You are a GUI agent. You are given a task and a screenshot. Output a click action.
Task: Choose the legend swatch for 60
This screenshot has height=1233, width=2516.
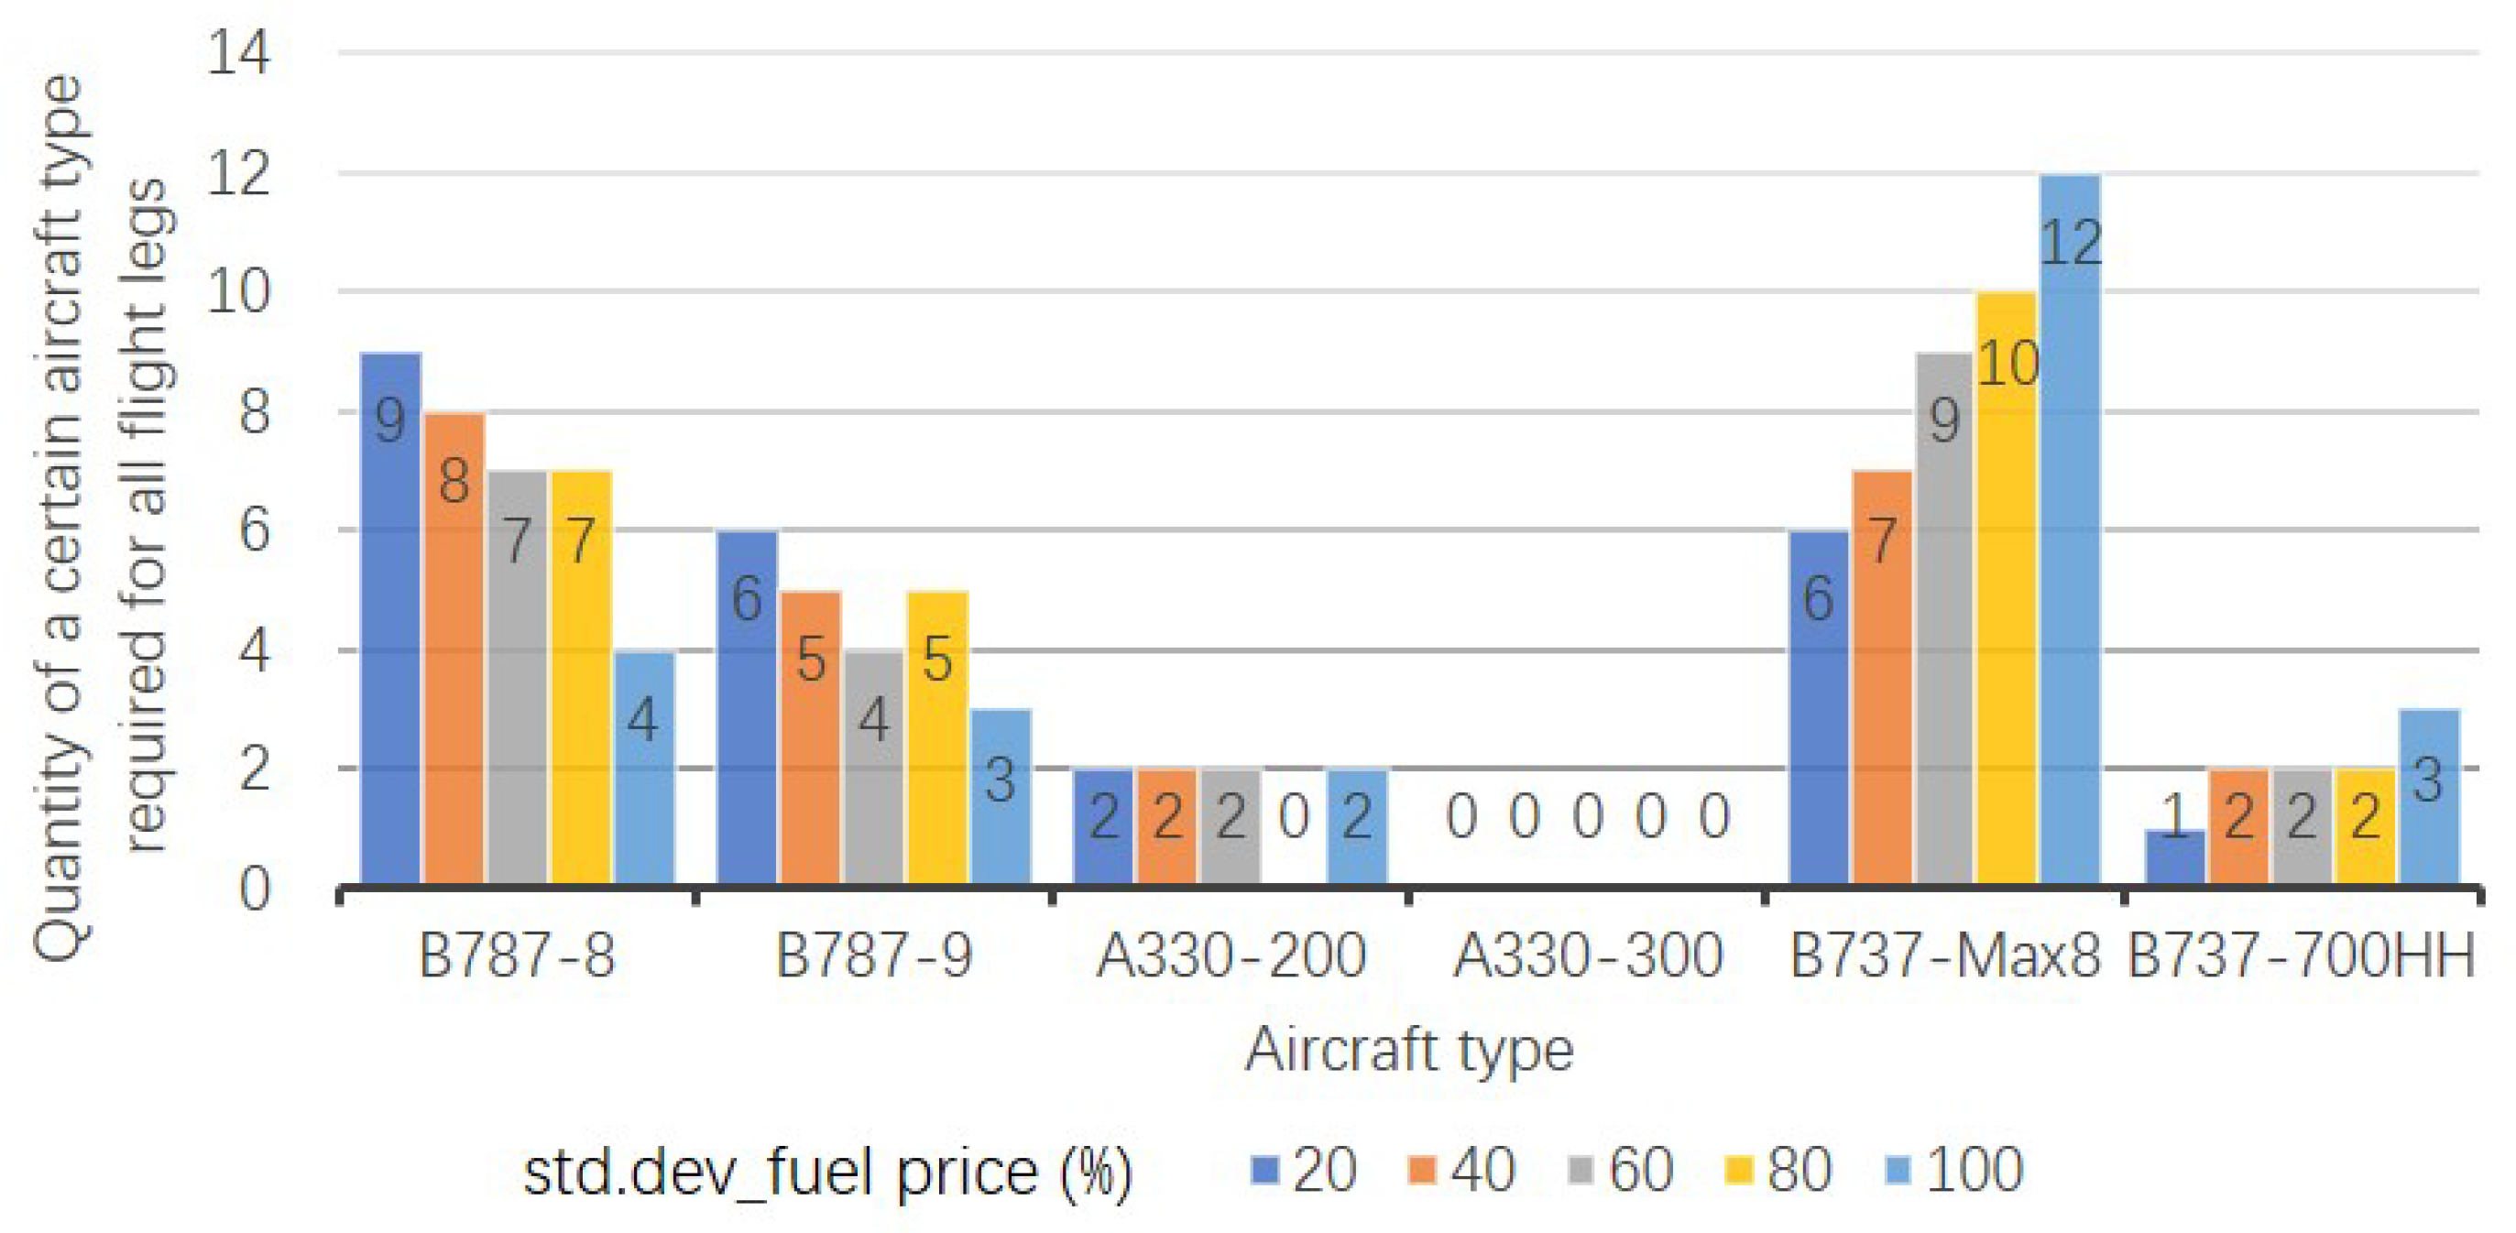tap(1580, 1169)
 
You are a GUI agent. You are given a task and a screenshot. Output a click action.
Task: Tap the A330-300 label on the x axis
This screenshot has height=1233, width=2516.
tap(1587, 955)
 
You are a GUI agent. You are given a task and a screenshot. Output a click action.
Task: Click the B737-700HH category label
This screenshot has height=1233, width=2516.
tap(2301, 955)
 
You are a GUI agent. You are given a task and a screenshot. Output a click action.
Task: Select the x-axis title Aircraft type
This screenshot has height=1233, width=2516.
tap(1407, 1050)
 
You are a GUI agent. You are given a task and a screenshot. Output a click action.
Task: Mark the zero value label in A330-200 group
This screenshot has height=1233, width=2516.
tap(1293, 817)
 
